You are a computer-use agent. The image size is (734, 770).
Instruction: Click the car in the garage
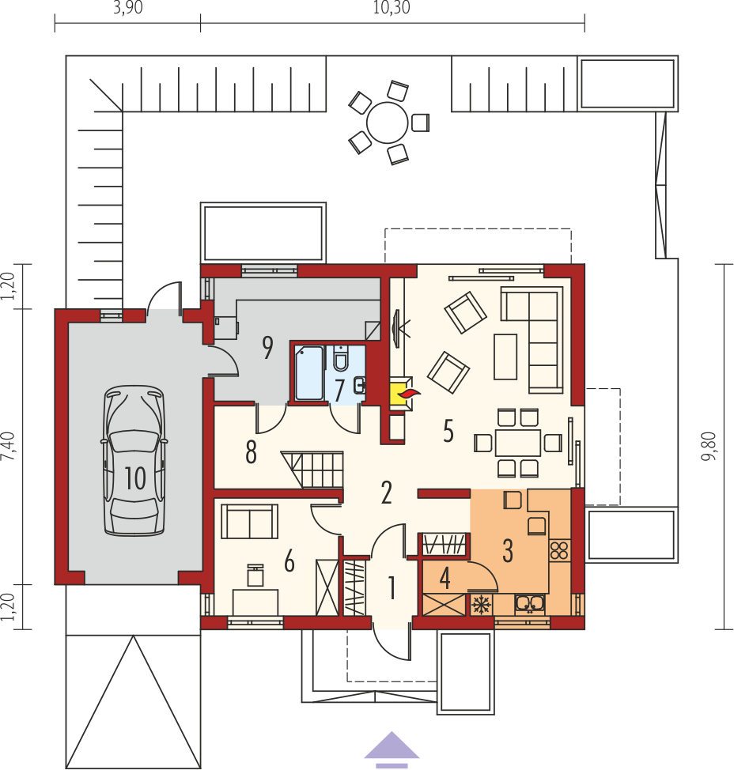click(x=134, y=460)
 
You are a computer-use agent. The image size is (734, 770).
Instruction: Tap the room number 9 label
click(x=267, y=348)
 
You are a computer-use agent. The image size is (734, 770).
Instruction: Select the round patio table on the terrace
click(x=387, y=123)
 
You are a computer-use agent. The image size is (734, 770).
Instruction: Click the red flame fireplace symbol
click(x=409, y=393)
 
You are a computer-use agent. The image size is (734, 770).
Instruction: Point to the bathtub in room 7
click(x=309, y=373)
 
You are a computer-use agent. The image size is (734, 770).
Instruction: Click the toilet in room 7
click(x=340, y=358)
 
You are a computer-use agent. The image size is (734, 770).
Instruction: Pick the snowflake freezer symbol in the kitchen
click(x=481, y=605)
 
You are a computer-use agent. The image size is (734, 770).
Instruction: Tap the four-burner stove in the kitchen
click(x=559, y=551)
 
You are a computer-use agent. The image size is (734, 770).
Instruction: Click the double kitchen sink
click(x=530, y=605)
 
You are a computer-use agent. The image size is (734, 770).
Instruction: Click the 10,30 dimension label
click(x=391, y=7)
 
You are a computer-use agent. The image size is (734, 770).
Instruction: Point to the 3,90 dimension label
click(x=127, y=7)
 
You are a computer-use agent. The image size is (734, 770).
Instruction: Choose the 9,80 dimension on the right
click(x=709, y=446)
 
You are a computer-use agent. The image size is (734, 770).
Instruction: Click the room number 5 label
click(x=448, y=431)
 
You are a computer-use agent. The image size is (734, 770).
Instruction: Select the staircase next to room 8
click(x=312, y=469)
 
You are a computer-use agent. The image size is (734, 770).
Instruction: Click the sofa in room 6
click(x=250, y=522)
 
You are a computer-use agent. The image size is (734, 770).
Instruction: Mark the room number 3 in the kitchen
click(x=508, y=550)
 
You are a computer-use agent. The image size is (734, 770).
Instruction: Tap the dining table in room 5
click(x=518, y=443)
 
